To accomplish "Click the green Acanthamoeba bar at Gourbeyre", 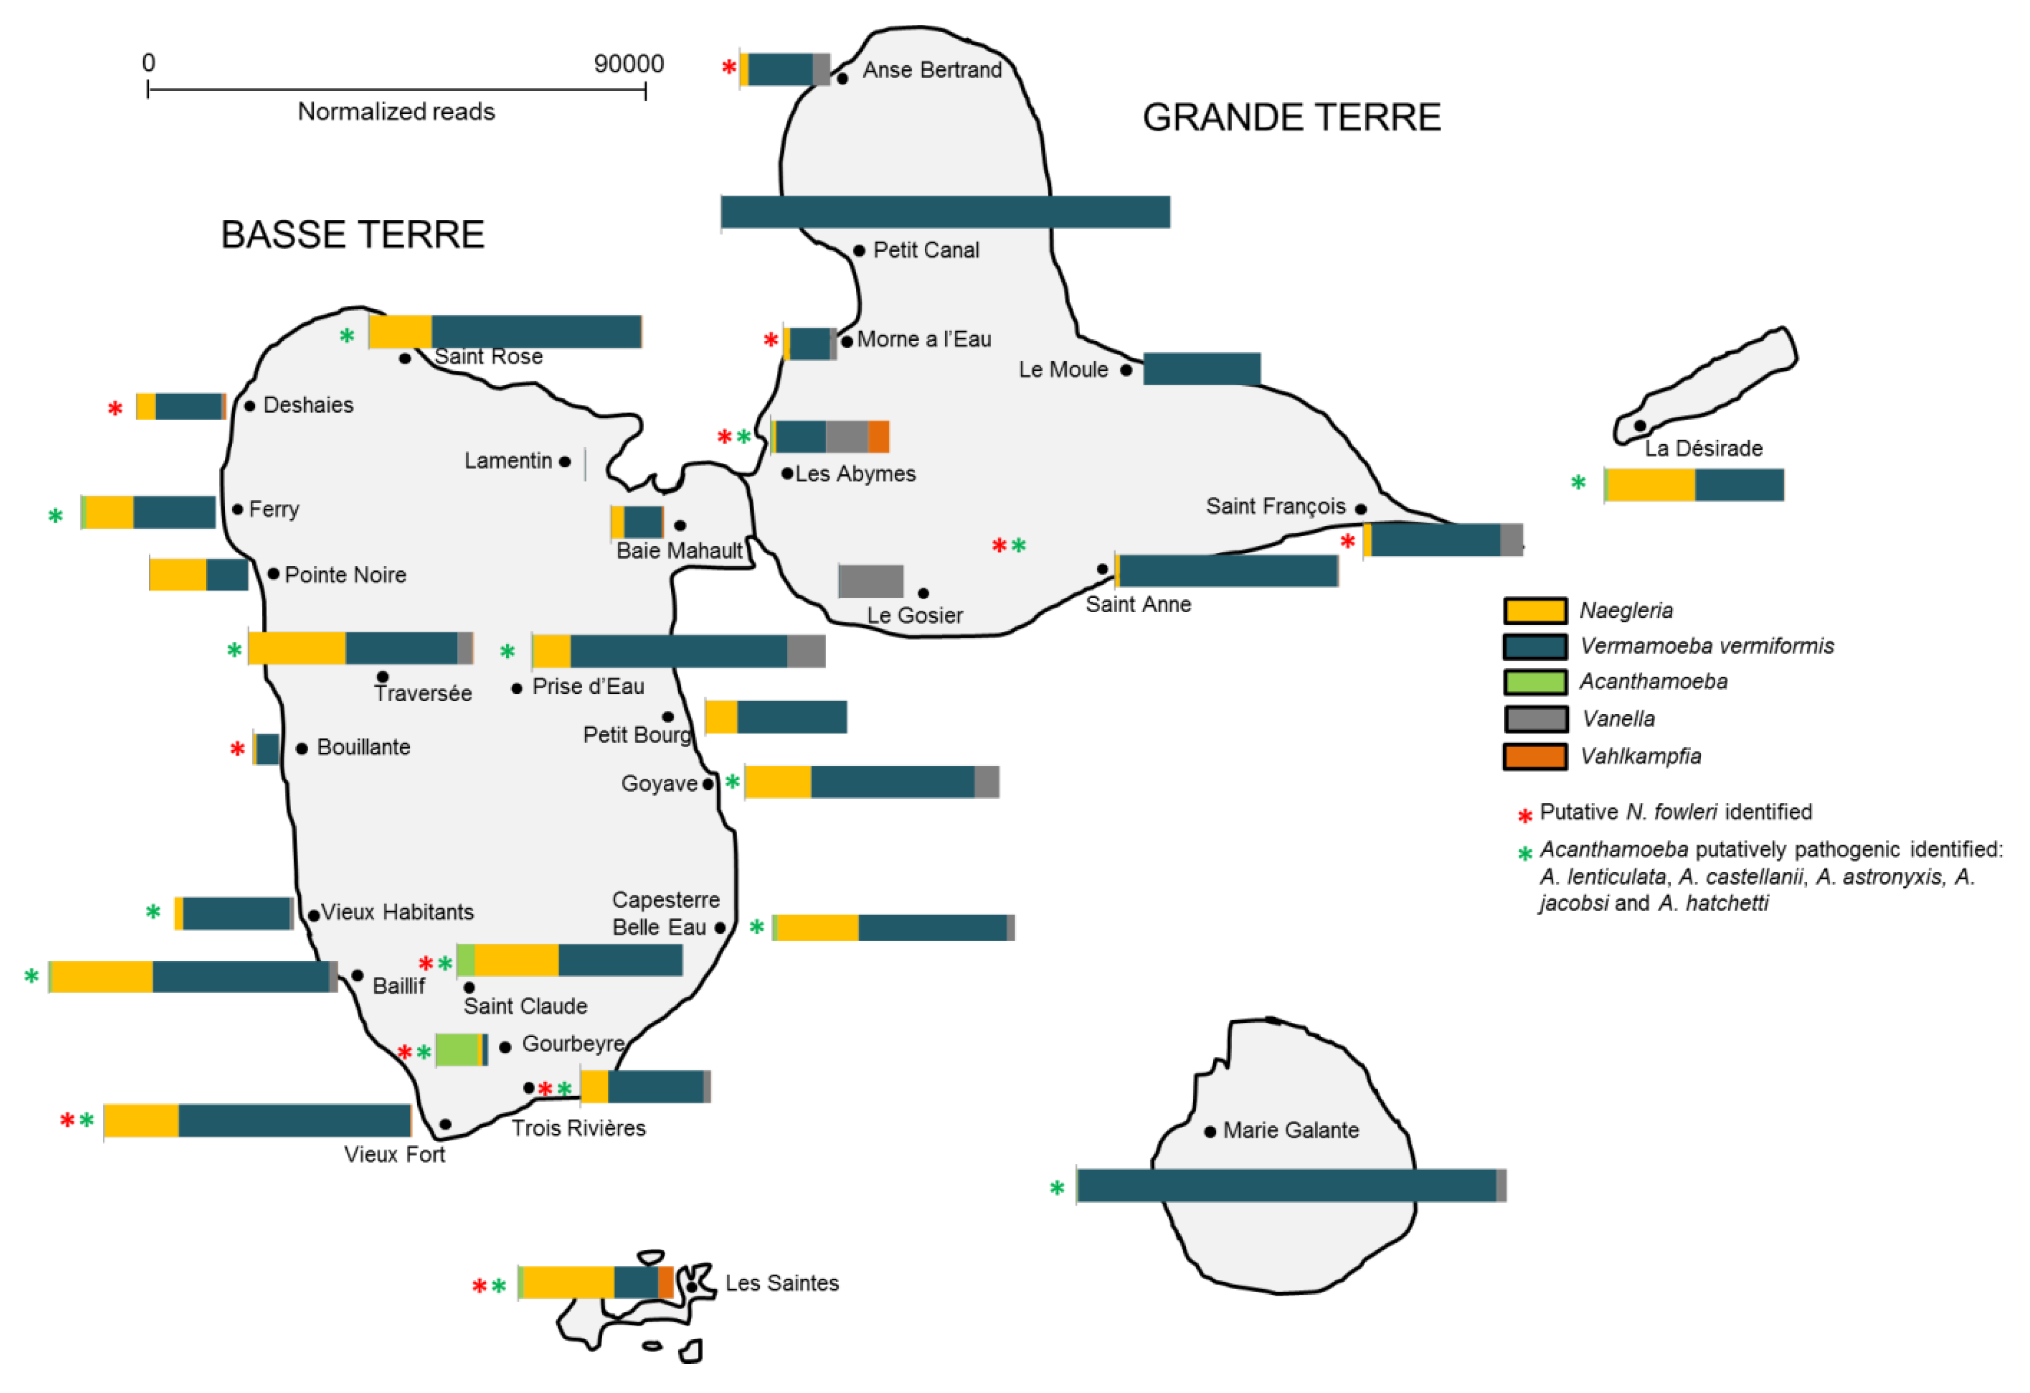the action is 457,1050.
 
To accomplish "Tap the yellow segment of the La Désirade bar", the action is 1651,485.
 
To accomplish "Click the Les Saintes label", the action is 782,1283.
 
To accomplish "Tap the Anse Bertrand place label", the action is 932,70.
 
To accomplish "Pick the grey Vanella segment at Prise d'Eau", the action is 806,651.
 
